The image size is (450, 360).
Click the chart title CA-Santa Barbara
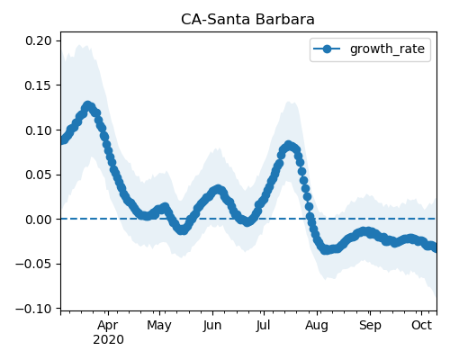pyautogui.click(x=247, y=20)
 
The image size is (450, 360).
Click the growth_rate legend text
pyautogui.click(x=387, y=49)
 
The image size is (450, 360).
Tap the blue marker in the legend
pyautogui.click(x=327, y=49)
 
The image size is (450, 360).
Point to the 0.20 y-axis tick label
pyautogui.click(x=39, y=40)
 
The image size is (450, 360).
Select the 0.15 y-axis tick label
pyautogui.click(x=39, y=85)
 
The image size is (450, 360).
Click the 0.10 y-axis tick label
pyautogui.click(x=39, y=130)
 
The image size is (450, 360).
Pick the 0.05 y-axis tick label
pyautogui.click(x=39, y=175)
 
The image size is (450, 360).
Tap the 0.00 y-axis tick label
pyautogui.click(x=39, y=220)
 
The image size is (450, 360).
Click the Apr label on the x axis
pyautogui.click(x=108, y=326)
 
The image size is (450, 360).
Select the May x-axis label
pyautogui.click(x=159, y=326)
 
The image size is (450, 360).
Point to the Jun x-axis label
pyautogui.click(x=212, y=326)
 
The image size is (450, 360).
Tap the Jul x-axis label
pyautogui.click(x=263, y=326)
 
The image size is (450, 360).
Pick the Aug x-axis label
pyautogui.click(x=317, y=326)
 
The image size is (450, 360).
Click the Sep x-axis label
pyautogui.click(x=370, y=326)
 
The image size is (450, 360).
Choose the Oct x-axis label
pyautogui.click(x=421, y=326)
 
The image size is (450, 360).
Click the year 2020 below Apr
pyautogui.click(x=108, y=340)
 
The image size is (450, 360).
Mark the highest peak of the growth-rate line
pyautogui.click(x=87, y=105)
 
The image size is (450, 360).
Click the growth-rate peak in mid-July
pyautogui.click(x=289, y=146)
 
